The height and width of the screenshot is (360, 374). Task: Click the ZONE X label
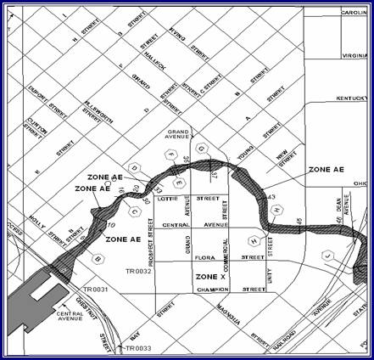point(209,278)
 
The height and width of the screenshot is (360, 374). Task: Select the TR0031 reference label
point(84,290)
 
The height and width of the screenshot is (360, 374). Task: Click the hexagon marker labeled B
point(98,257)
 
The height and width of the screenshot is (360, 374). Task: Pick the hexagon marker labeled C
point(135,210)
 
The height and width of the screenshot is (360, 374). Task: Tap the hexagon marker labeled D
point(134,166)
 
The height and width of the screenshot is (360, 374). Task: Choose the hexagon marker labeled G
point(202,149)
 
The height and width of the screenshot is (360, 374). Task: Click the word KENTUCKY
point(354,98)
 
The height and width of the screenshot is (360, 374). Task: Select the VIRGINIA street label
point(356,55)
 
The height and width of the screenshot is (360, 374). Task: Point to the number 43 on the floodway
point(272,197)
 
